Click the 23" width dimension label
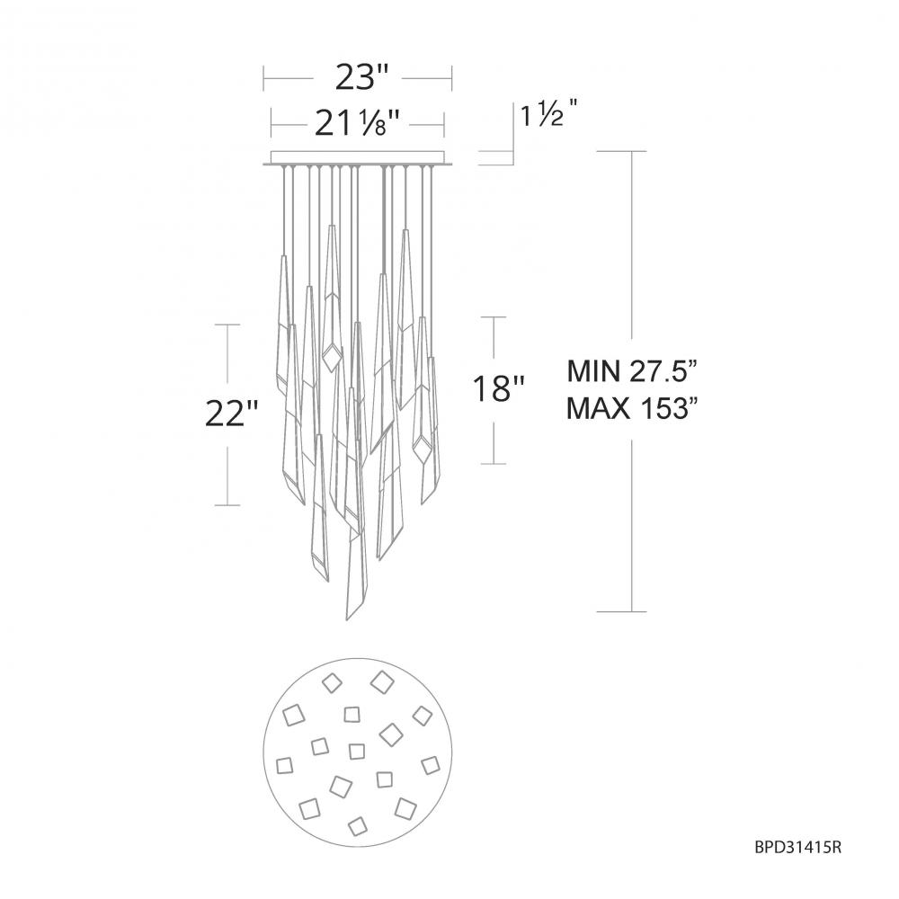[361, 78]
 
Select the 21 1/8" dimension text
[356, 123]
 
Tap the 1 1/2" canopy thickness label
[547, 116]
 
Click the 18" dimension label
[498, 389]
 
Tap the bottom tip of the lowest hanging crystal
[347, 619]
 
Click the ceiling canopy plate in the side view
[358, 158]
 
